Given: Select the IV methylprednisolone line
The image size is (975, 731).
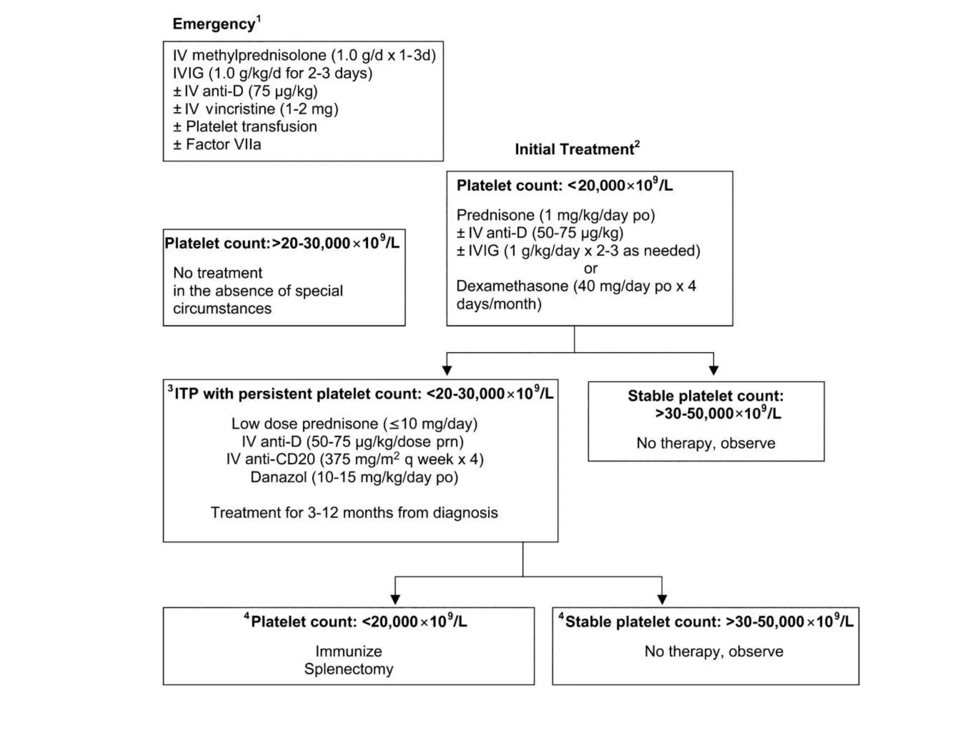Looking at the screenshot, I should click(304, 56).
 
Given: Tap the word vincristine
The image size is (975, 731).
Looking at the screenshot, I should click(240, 109).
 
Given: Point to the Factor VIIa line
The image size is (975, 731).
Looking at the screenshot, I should click(217, 145).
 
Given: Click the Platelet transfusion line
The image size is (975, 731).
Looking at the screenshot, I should click(245, 127).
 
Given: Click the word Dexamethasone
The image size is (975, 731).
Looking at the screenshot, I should click(512, 286).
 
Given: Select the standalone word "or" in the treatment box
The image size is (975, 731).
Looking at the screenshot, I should click(590, 268).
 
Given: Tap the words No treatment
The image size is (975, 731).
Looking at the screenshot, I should click(218, 273).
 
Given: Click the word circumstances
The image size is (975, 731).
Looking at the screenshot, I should click(222, 308).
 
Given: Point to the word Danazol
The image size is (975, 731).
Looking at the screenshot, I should click(279, 477).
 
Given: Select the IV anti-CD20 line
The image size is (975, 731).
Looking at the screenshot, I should click(355, 459).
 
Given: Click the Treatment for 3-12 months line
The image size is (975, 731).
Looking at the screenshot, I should click(354, 513).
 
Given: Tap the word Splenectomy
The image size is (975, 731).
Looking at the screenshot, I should click(348, 669).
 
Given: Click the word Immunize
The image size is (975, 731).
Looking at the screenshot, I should click(348, 651).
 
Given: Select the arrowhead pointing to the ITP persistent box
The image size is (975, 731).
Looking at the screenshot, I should click(447, 370).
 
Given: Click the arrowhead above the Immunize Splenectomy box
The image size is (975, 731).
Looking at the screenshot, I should click(395, 599).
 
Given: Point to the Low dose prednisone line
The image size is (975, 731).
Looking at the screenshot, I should click(354, 424).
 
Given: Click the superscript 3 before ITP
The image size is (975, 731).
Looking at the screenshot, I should click(170, 389).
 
